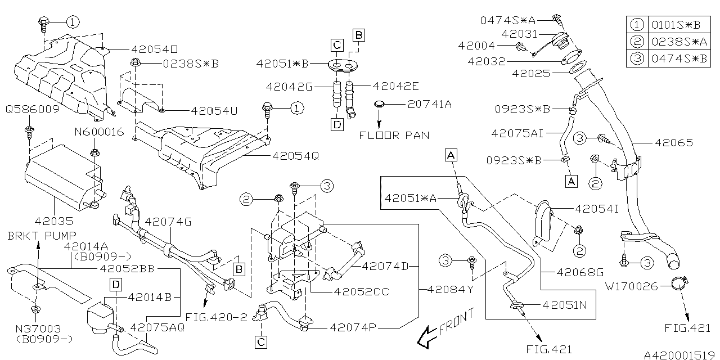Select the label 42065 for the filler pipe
coord(673,143)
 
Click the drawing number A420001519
coord(680,355)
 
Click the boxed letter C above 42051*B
coord(336,44)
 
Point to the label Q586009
coord(32,109)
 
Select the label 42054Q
coord(295,156)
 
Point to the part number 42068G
coord(579,272)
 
